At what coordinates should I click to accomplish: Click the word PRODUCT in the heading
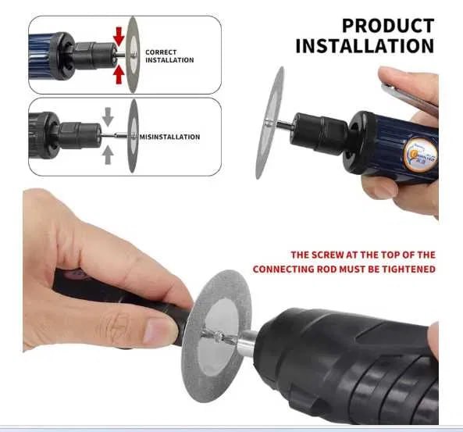(x=388, y=26)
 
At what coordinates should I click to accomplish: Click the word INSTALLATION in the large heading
(x=365, y=46)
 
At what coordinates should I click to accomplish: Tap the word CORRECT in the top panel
(x=161, y=52)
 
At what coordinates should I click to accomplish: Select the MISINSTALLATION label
(x=169, y=137)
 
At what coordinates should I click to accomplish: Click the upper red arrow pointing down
(x=119, y=37)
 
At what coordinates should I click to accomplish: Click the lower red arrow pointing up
(x=119, y=74)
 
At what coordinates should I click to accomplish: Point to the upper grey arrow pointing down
(x=108, y=116)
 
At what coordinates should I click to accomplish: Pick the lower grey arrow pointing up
(x=108, y=155)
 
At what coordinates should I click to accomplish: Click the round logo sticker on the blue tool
(x=421, y=155)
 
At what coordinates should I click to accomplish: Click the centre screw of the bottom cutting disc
(x=218, y=336)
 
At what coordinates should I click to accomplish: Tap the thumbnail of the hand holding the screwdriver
(x=160, y=331)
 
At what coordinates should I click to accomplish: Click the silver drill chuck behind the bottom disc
(x=246, y=343)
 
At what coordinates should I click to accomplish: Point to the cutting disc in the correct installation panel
(x=133, y=55)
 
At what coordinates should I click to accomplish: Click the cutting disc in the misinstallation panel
(x=134, y=136)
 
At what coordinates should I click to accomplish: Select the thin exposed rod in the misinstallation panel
(x=115, y=136)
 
